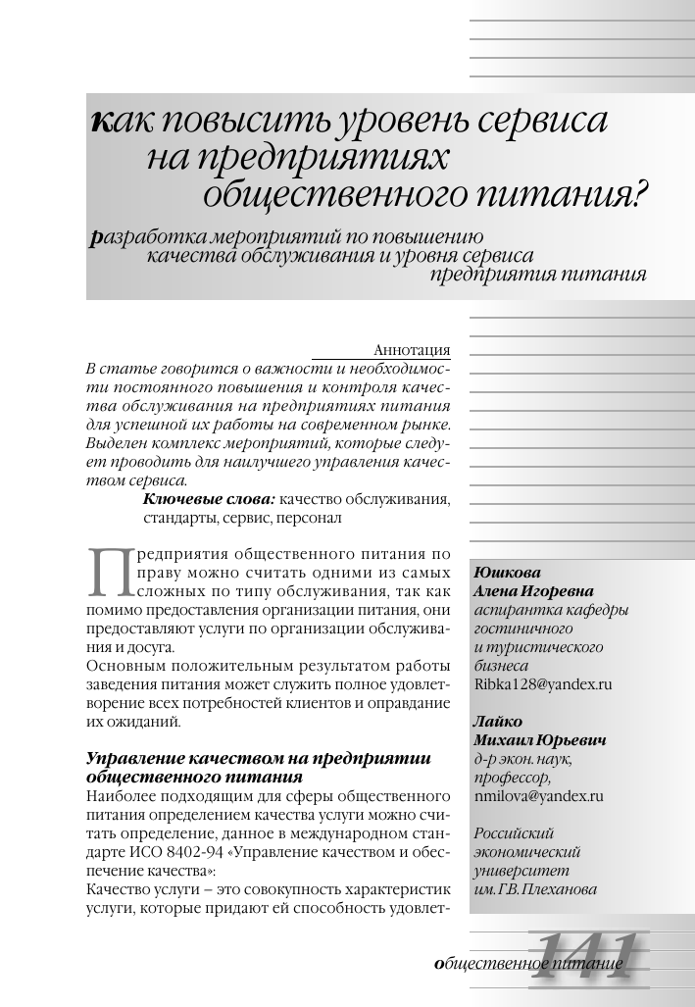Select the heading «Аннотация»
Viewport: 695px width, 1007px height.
coord(413,350)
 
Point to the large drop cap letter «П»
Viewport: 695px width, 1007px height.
coord(109,573)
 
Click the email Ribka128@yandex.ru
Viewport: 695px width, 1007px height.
coord(542,684)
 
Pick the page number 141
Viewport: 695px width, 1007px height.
coord(586,954)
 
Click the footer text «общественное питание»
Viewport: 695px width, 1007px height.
coord(529,965)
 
